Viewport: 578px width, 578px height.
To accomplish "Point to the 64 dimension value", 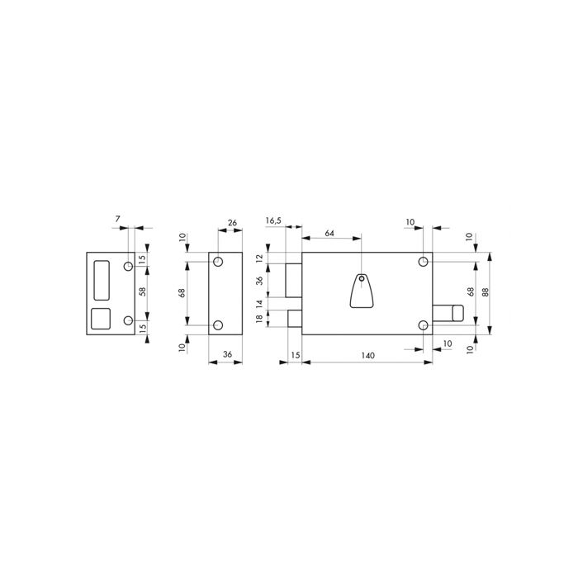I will pos(329,234).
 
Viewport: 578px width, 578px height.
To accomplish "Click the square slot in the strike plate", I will pos(102,319).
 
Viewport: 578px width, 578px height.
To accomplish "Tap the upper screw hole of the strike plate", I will pos(127,266).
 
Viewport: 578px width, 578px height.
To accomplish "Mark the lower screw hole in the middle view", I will pos(218,325).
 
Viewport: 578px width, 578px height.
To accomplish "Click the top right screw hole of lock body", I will pos(424,262).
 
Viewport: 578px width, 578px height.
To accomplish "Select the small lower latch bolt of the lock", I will pos(295,317).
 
